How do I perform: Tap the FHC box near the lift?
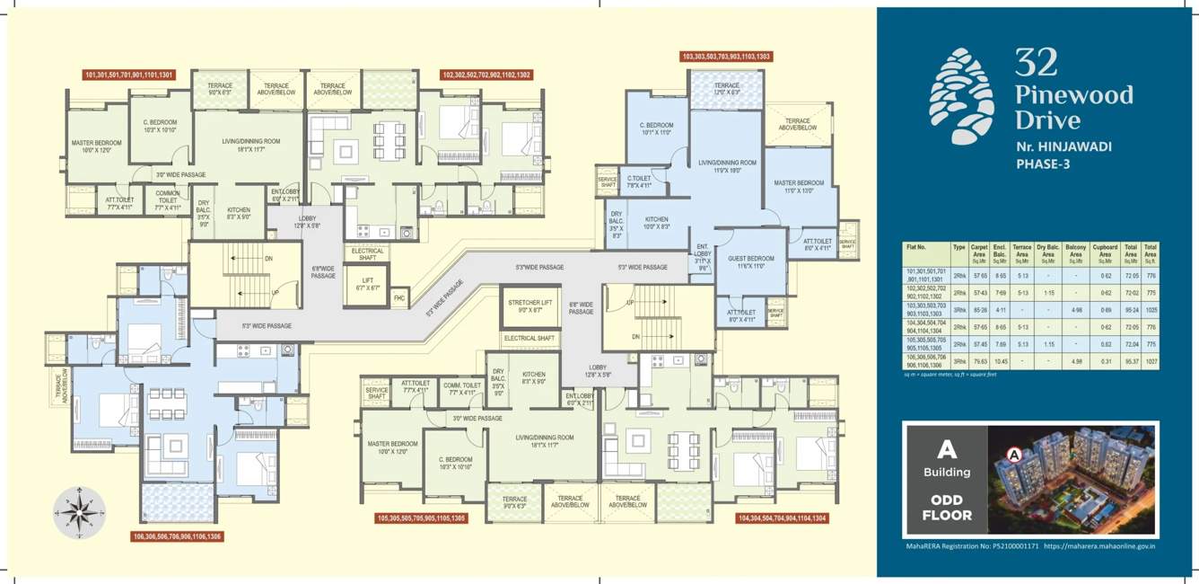pos(399,297)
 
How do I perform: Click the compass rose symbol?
pos(80,513)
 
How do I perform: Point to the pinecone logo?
pos(961,95)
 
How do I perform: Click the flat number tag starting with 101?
pos(129,75)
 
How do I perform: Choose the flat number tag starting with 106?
pos(177,536)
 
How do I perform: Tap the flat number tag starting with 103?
pos(726,57)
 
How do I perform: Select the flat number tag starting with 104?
pos(782,518)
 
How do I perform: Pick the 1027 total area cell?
pos(1151,362)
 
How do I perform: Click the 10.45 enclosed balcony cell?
pos(1001,362)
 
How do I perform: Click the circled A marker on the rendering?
pos(1014,455)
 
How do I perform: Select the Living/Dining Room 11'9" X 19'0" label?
pos(727,165)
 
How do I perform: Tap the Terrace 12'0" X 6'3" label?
pos(725,90)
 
